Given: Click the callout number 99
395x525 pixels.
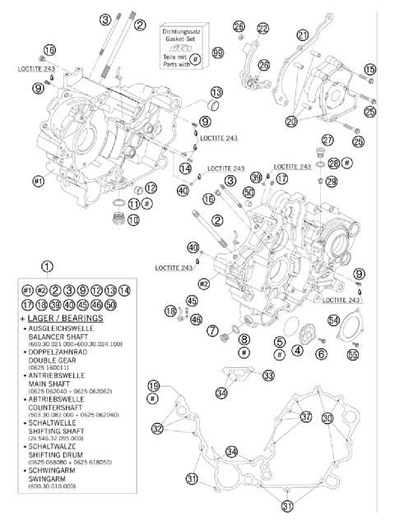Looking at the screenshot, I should [217, 52].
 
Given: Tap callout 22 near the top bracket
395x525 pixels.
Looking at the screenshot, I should [263, 29].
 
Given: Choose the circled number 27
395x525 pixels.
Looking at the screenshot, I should [328, 139].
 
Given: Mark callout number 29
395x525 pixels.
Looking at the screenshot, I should [331, 182].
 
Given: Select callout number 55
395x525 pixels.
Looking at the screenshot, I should [353, 355].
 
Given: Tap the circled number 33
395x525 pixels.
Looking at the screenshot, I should [268, 375].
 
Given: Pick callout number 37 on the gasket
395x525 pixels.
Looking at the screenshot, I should [306, 417].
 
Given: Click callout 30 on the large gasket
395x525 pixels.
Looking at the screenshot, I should [328, 418].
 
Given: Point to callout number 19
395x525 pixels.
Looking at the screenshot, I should [153, 386].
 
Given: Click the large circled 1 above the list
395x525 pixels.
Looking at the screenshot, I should [48, 265].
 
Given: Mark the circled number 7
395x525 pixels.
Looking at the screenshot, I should [211, 332].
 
